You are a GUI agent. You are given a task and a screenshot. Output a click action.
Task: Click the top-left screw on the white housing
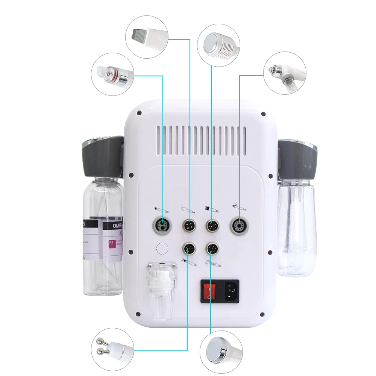pyautogui.click(x=139, y=112)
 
